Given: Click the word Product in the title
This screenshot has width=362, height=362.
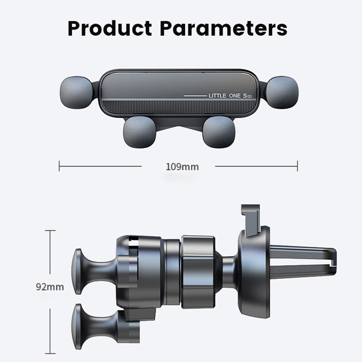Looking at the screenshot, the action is coord(110,29).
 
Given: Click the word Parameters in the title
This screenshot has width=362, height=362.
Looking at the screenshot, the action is coord(224,29).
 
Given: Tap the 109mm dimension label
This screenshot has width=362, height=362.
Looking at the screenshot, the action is coord(182,167).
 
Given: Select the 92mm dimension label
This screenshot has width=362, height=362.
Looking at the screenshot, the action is coord(50,287).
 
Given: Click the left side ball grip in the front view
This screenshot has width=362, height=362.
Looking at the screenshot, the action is coord(77,92).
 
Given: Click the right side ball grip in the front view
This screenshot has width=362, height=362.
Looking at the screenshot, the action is coord(281,92).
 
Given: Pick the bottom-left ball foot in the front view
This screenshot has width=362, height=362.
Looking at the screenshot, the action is coord(140,132).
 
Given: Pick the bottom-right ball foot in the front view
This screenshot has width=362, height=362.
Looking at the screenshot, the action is coord(219,132).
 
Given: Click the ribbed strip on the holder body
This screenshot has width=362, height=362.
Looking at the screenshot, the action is coord(179,107).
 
